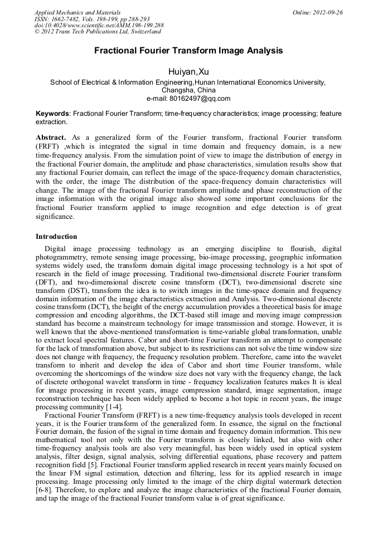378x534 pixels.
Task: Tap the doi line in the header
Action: pyautogui.click(x=99, y=26)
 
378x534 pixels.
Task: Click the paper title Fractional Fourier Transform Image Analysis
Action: pyautogui.click(x=188, y=51)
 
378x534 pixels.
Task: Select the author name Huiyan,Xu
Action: pyautogui.click(x=188, y=71)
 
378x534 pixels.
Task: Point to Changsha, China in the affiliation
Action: pyautogui.click(x=188, y=90)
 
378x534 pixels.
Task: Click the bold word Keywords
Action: pyautogui.click(x=52, y=113)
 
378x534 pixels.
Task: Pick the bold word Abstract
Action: pyautogui.click(x=51, y=138)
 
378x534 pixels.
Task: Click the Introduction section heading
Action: pyautogui.click(x=56, y=237)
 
